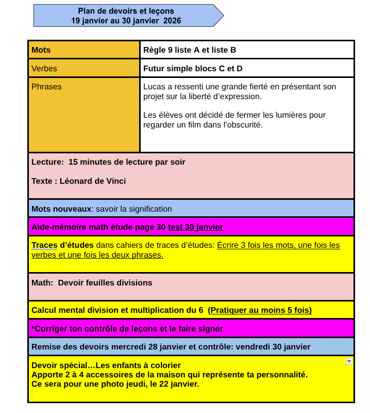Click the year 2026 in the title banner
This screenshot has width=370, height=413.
pos(172,21)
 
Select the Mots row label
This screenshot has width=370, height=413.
pos(41,50)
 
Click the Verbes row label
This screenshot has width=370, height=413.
pos(44,68)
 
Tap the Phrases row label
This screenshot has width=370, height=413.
pos(46,87)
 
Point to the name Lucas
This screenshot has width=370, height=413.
pos(155,87)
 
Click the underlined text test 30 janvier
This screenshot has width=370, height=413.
pos(195,227)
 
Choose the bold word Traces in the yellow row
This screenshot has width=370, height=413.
pos(44,245)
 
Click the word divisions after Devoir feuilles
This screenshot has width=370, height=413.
pos(136,282)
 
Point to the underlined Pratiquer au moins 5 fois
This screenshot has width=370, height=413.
pos(261,310)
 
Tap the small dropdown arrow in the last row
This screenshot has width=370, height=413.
pos(349,361)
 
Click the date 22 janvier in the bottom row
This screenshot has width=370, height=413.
pos(181,384)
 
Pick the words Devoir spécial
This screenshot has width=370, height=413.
pos(58,366)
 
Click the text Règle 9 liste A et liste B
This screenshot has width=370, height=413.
pos(190,50)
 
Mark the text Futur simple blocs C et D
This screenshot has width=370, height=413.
pos(193,68)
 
